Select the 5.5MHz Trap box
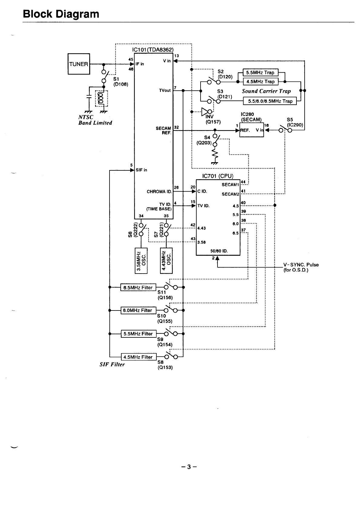(260, 73)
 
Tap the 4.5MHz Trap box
(260, 81)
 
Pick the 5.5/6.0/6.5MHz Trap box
(270, 101)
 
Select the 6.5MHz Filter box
(138, 287)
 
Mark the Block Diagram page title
(61, 14)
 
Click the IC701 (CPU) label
(218, 176)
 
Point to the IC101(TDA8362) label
(153, 50)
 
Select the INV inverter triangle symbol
(205, 112)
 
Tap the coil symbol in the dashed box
(101, 98)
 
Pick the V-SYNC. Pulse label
(301, 265)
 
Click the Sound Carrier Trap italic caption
(266, 91)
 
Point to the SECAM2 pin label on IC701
(231, 194)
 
